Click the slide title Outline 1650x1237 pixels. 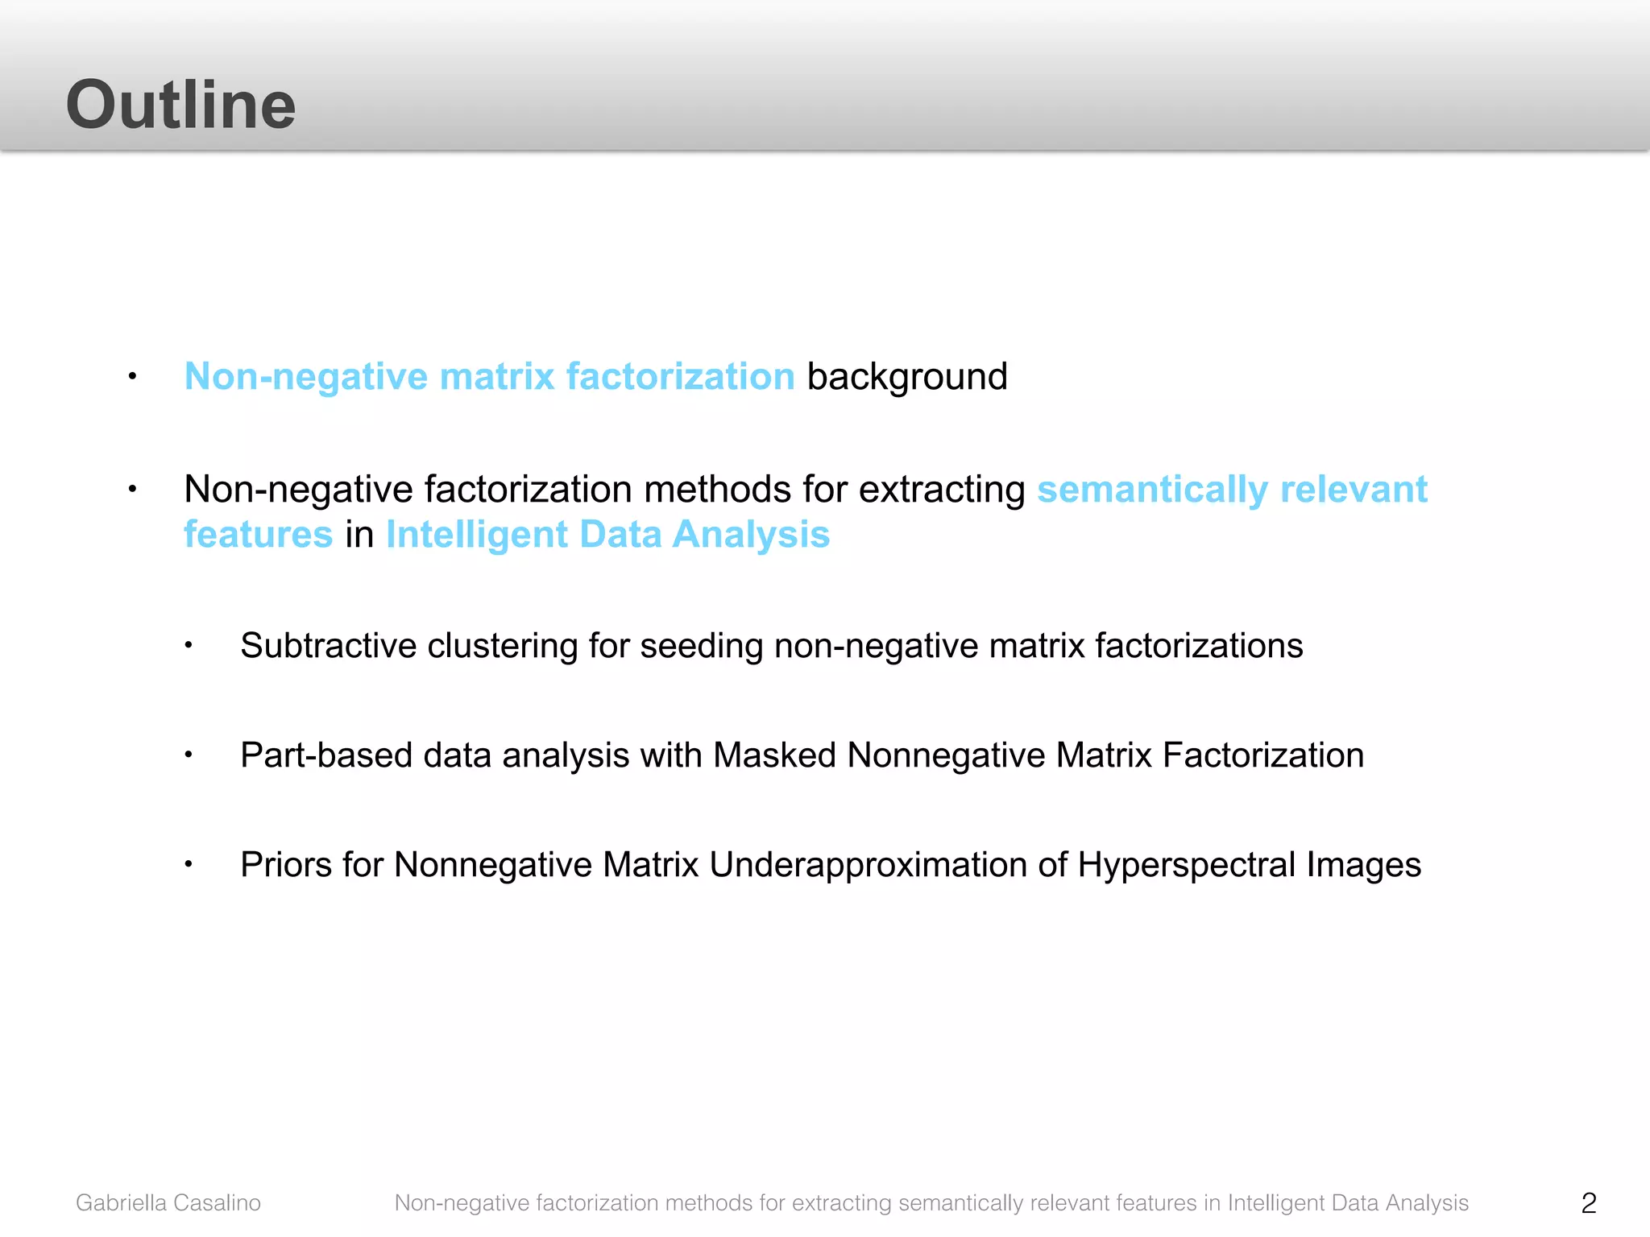coord(180,105)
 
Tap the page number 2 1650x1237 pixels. coord(1588,1202)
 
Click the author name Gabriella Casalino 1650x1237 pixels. coord(168,1202)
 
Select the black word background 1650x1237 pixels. coord(907,376)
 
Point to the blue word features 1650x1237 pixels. coord(258,534)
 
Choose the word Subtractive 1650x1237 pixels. coord(328,646)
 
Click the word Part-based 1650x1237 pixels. coord(326,755)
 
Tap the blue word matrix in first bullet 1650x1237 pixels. coord(497,376)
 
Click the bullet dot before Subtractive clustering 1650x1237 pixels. coord(188,645)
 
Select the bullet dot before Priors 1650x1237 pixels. coord(188,864)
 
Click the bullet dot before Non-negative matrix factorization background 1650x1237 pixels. coord(132,376)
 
